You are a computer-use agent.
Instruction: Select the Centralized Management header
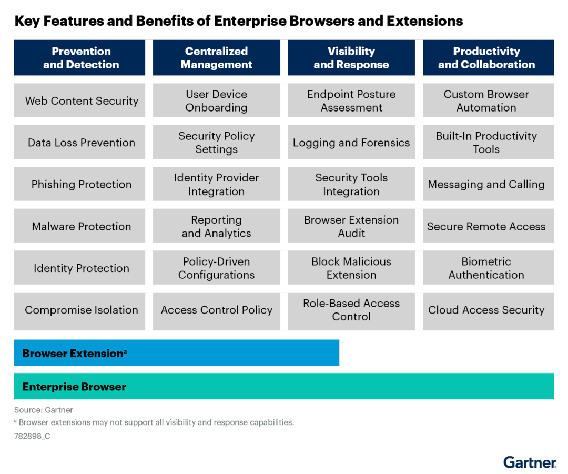216,58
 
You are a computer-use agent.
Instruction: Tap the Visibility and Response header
351,58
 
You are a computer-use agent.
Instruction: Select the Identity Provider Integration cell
216,184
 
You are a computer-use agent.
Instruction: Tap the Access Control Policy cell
216,310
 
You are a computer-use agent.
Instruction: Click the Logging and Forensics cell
351,143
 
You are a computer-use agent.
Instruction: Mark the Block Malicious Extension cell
351,268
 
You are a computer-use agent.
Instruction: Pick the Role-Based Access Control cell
351,310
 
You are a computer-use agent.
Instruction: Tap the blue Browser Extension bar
176,353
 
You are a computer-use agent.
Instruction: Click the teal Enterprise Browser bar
283,387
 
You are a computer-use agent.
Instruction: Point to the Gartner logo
529,462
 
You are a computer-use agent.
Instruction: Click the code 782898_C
32,436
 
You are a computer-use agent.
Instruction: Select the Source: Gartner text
43,410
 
